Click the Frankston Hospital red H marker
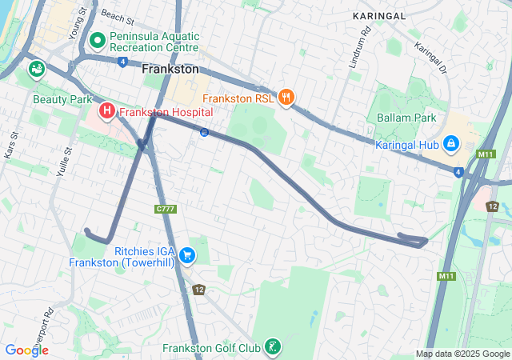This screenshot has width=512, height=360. coord(106,109)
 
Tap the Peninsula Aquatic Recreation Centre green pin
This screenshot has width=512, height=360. coord(98,39)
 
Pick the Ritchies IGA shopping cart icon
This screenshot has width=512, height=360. coord(187,254)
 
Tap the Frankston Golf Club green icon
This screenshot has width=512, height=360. coord(274,347)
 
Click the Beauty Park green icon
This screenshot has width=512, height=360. coord(36,70)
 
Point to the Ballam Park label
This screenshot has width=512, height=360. coord(406,118)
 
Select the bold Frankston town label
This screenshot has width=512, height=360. coord(170,70)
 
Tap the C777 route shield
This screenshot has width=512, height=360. coord(166,209)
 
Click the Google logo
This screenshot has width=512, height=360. coord(26,350)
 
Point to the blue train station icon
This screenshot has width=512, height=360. coord(205,132)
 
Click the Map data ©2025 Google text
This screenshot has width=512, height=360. coord(462,354)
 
